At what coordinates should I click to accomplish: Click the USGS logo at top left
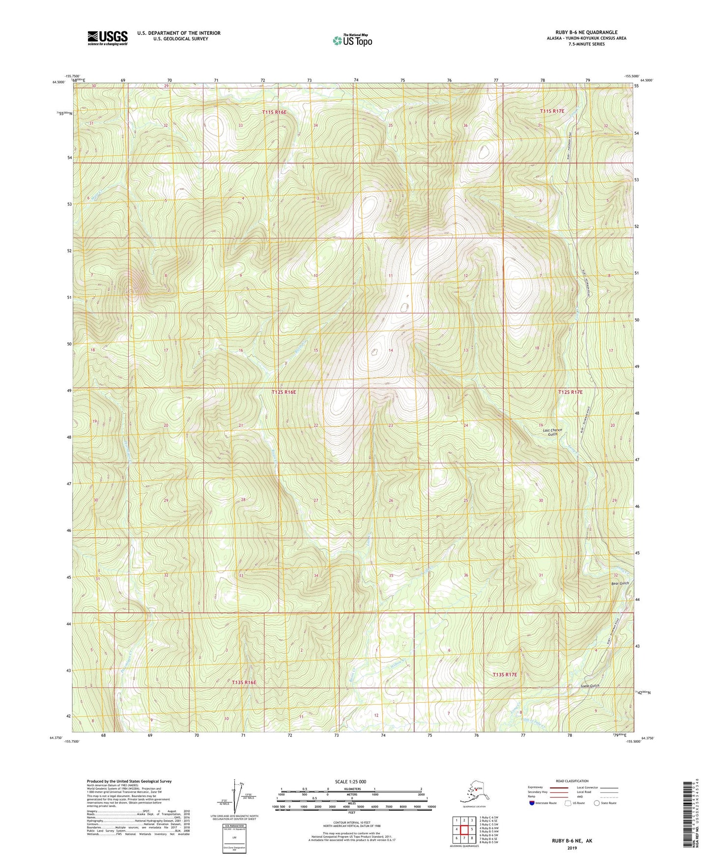[x=108, y=38]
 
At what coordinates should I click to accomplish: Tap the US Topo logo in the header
[x=352, y=40]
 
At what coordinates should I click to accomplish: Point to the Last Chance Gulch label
[x=552, y=432]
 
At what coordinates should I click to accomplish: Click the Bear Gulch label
[x=620, y=583]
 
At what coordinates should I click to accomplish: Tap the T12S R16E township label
[x=284, y=392]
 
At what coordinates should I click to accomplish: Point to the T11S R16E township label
[x=274, y=112]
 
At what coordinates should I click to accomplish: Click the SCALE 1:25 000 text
[x=352, y=782]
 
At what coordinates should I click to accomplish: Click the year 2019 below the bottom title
[x=571, y=848]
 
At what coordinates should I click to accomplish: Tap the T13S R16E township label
[x=244, y=682]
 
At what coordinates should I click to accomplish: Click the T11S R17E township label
[x=552, y=111]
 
